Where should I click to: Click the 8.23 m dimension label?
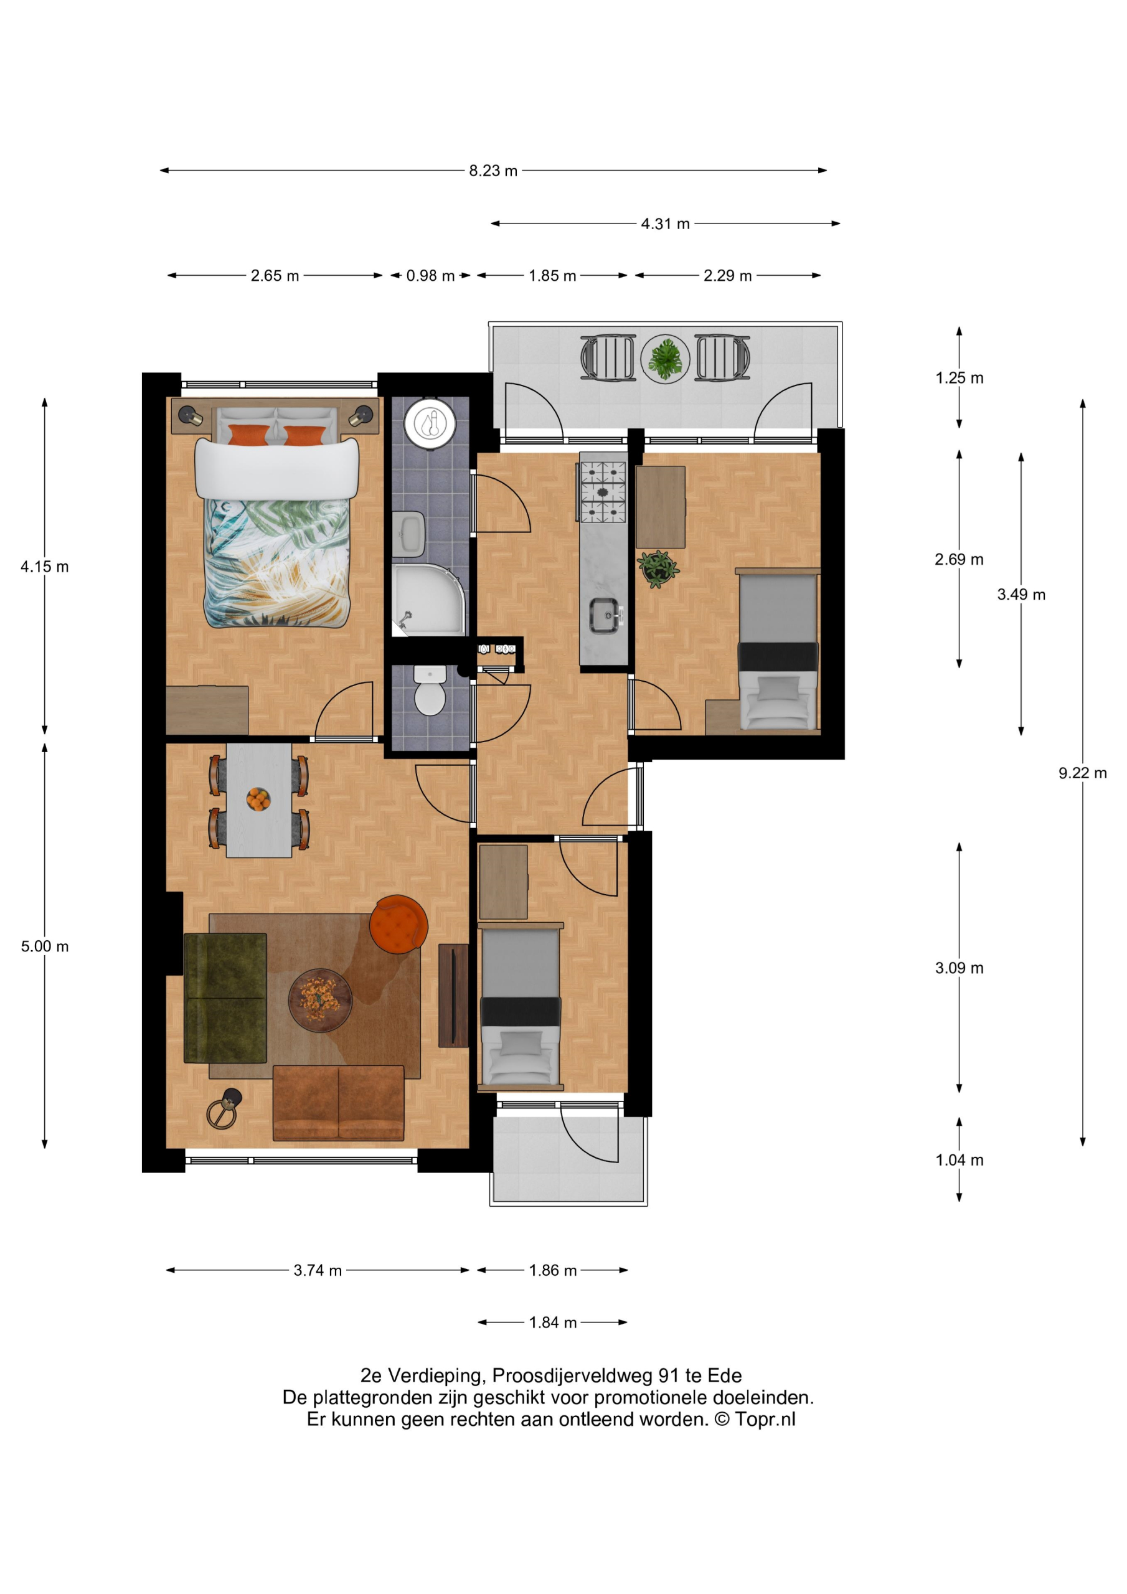tap(493, 171)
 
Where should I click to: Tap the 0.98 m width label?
tap(430, 276)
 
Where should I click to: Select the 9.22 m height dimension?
tap(1083, 773)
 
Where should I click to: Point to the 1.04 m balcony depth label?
tap(959, 1159)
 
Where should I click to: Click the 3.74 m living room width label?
tap(318, 1270)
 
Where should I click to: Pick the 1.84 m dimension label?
tap(553, 1322)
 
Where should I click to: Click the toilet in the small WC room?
tap(430, 690)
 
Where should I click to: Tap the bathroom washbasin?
tap(408, 534)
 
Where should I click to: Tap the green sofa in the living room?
tap(225, 997)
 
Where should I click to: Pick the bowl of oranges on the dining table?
tap(258, 799)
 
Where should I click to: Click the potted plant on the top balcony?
tap(665, 359)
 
